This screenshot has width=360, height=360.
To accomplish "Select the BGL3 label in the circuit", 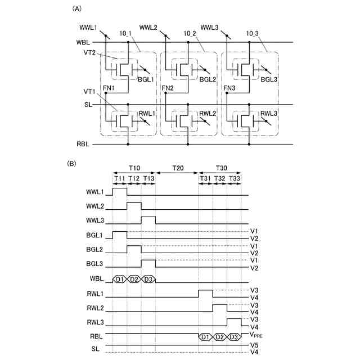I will [x=269, y=80].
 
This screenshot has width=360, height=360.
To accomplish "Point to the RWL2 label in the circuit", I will [x=208, y=113].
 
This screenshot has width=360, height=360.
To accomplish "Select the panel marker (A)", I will [x=73, y=9].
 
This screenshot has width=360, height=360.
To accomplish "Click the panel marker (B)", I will [x=73, y=164].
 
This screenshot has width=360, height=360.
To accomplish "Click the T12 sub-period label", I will [x=134, y=178].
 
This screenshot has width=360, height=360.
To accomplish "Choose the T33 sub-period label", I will [x=235, y=178].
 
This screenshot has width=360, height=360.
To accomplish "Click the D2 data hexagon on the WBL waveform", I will [x=134, y=279].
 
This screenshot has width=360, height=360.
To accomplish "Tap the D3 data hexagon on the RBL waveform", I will [x=235, y=337].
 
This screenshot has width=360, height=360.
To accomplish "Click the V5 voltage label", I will [x=254, y=345].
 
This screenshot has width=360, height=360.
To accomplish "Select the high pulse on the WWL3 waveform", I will [x=148, y=219].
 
